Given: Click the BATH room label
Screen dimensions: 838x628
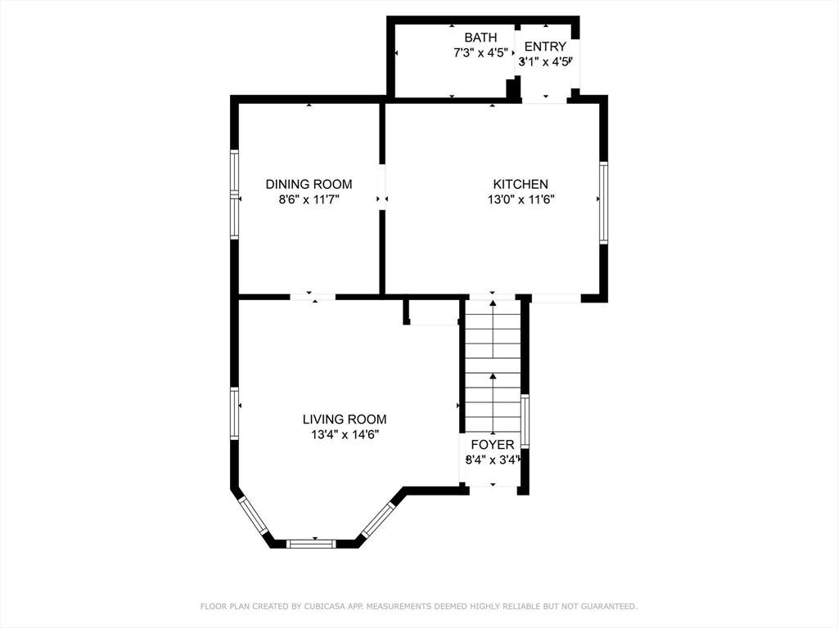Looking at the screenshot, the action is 480,38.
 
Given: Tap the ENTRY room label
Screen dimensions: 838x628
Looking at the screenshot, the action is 544,46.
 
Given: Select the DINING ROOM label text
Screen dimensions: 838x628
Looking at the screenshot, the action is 309,184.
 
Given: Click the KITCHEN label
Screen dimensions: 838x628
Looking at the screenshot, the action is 520,184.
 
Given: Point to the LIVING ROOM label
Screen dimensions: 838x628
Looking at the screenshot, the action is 345,419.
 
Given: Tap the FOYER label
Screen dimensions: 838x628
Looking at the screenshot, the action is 492,444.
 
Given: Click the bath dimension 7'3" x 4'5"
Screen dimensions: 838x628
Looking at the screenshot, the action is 480,53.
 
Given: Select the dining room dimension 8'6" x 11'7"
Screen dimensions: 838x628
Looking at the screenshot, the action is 309,200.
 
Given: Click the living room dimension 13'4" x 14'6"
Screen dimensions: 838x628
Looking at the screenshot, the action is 345,435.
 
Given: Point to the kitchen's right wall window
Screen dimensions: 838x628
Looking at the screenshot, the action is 603,203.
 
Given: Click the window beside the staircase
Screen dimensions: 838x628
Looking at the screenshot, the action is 525,421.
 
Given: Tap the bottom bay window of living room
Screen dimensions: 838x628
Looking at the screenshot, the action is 311,544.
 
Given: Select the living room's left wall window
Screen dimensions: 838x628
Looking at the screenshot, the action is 234,413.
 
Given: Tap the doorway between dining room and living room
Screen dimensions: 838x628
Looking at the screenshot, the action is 313,296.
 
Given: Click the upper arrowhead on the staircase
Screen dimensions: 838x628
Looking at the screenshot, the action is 493,303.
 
